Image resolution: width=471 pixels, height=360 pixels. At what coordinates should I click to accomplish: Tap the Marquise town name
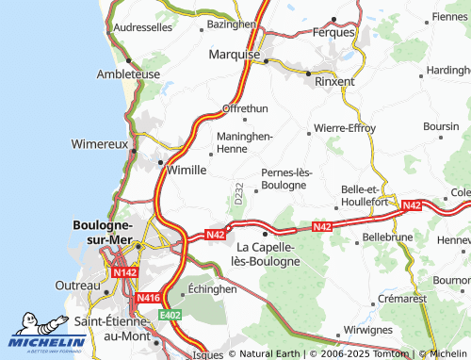click(x=235, y=55)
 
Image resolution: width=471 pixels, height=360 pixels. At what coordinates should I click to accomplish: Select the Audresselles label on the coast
click(x=141, y=28)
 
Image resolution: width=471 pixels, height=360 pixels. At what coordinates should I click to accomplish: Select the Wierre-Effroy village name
click(x=345, y=127)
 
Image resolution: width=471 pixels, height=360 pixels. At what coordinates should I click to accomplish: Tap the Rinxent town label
click(x=334, y=81)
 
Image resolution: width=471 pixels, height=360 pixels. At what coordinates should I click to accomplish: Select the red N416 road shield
click(x=148, y=298)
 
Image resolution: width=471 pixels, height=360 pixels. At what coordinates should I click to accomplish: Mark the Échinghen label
click(x=213, y=289)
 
